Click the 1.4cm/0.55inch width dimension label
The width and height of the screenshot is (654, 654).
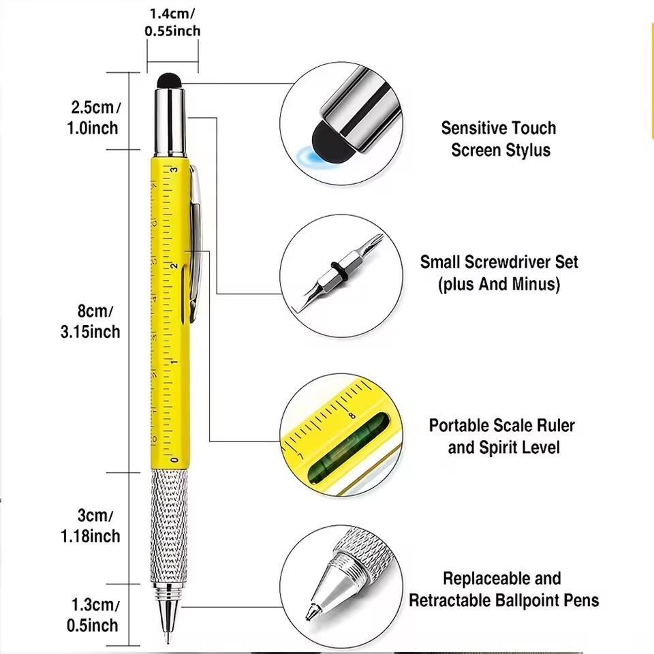point(172,22)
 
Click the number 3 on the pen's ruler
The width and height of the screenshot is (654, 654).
point(174,170)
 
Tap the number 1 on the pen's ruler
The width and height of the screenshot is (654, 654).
point(174,362)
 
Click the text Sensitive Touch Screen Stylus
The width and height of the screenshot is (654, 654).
point(499,139)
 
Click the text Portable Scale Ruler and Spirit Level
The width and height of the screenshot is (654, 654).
point(502,437)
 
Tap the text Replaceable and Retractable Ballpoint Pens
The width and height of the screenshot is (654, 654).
point(503,589)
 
